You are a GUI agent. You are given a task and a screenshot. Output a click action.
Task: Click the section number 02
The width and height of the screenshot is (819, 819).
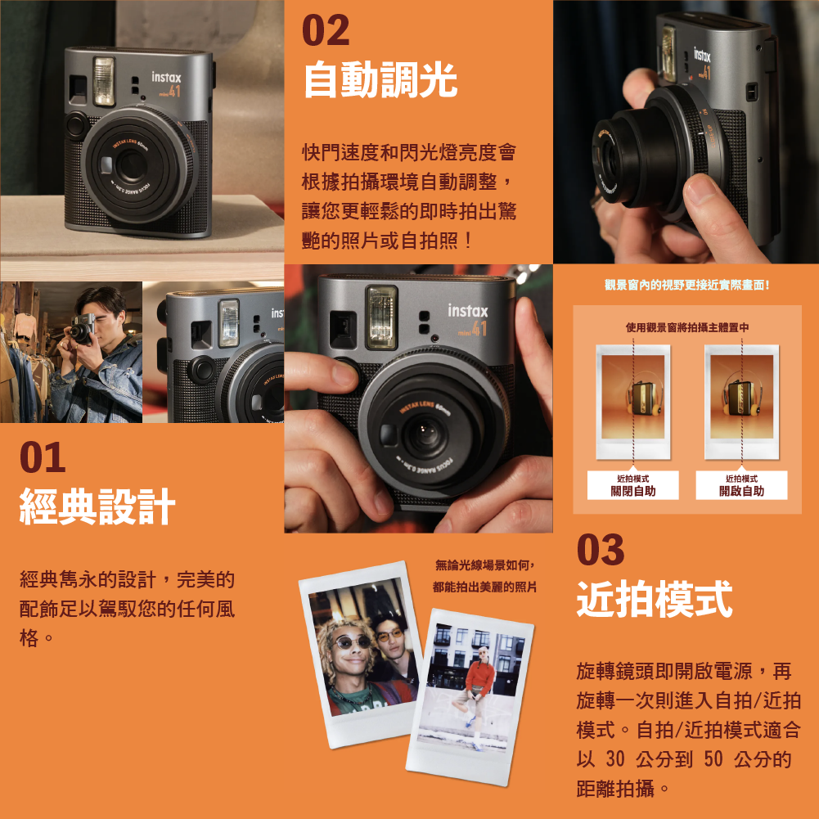[x=326, y=30]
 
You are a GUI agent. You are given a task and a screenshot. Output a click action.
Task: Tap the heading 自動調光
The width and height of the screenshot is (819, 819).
[x=380, y=79]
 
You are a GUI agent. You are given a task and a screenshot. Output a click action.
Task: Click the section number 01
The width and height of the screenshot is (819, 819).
[x=43, y=457]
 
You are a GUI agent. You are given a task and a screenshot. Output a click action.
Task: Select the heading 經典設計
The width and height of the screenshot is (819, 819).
[x=97, y=506]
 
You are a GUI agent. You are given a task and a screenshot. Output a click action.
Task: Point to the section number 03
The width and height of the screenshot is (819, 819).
[x=601, y=550]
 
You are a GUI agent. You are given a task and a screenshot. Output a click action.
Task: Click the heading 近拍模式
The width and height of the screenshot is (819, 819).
[x=655, y=599]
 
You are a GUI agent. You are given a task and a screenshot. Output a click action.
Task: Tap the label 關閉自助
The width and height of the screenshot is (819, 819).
[x=633, y=491]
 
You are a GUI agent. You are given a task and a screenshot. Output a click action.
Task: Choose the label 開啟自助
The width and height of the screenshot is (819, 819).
[x=742, y=491]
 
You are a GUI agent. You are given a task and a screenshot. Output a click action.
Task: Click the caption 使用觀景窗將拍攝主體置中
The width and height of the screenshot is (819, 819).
[x=687, y=327]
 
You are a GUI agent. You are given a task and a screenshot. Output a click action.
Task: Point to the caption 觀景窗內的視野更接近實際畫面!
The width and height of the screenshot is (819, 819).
[x=686, y=285]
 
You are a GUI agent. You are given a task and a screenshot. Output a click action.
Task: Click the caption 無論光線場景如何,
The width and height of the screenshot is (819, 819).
[x=485, y=565]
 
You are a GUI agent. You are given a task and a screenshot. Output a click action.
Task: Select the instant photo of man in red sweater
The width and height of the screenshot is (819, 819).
[x=470, y=697]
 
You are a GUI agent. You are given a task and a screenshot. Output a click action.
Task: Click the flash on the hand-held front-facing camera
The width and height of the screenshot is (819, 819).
[x=382, y=317]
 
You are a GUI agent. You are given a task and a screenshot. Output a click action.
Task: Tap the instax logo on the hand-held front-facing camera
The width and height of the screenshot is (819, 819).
[x=468, y=311]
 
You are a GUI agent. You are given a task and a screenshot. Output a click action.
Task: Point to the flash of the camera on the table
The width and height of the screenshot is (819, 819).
[x=103, y=81]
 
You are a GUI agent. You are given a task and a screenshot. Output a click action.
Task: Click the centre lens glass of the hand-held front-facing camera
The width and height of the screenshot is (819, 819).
[x=424, y=434]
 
